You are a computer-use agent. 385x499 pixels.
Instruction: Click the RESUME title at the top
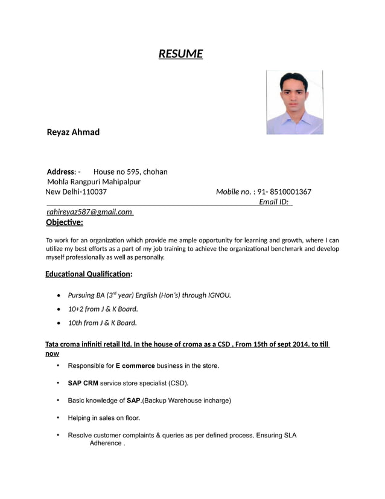[x=180, y=54]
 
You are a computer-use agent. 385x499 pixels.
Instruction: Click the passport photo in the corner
[x=294, y=102]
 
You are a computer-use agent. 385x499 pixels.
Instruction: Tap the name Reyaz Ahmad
[x=73, y=132]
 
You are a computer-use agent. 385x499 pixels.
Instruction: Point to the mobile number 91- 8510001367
[x=284, y=192]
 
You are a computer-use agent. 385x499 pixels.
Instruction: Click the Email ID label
[x=273, y=202]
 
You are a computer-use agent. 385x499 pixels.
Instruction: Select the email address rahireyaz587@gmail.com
[x=89, y=211]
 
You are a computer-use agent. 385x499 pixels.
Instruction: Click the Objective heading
[x=65, y=222]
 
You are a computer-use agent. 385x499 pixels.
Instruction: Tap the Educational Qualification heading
[x=89, y=274]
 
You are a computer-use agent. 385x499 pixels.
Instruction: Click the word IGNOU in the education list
[x=219, y=295]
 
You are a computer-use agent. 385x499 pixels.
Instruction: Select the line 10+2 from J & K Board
[x=98, y=309]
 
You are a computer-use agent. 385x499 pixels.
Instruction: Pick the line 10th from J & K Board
[x=102, y=323]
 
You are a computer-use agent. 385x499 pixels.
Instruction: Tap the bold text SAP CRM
[x=83, y=383]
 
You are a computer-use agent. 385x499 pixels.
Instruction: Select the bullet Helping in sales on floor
[x=104, y=417]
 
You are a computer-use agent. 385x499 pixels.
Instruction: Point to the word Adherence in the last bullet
[x=106, y=443]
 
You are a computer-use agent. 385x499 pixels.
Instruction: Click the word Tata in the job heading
[x=53, y=344]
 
